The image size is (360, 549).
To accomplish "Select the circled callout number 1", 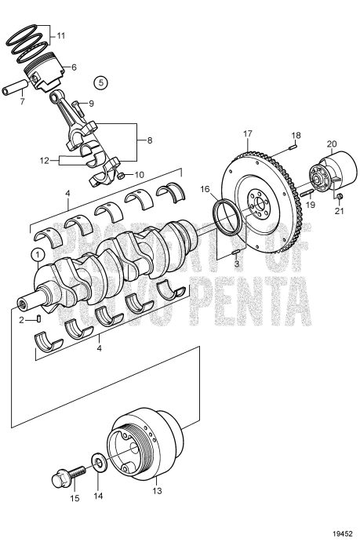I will click(36, 254).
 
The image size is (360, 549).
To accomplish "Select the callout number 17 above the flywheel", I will click(249, 134).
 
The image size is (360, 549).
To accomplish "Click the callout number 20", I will click(332, 144).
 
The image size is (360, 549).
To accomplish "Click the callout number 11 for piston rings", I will click(61, 36).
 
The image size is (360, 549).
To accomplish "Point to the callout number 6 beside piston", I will click(74, 67).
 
